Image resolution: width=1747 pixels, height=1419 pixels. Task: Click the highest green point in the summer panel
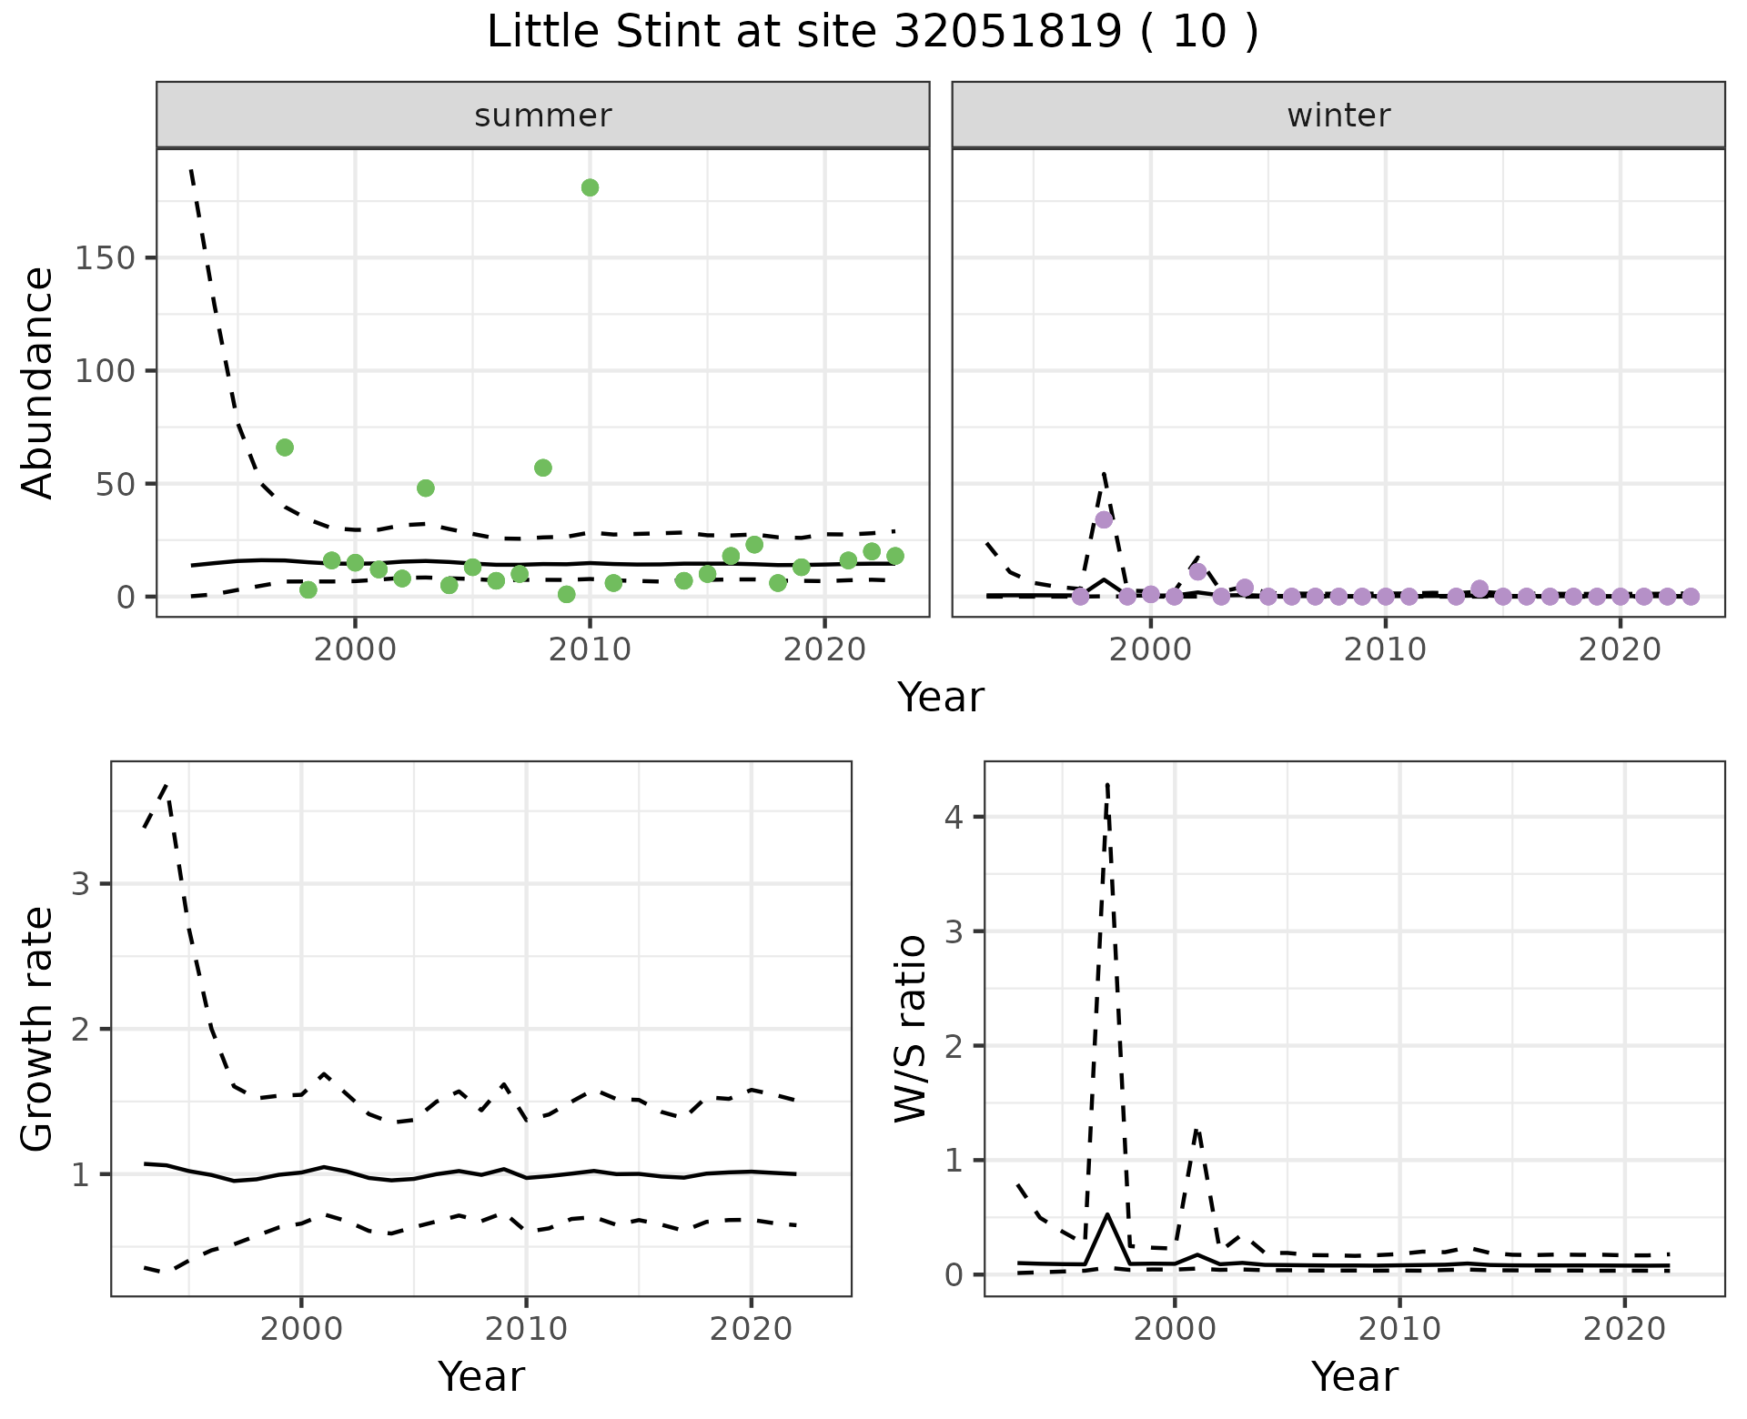coord(590,187)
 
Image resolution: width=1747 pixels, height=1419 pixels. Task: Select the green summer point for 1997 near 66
coord(285,448)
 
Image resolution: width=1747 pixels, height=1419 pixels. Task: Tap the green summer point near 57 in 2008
coord(543,468)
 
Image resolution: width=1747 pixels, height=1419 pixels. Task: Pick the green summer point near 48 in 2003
coord(426,488)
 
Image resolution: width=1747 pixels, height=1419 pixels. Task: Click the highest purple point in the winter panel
coord(1104,519)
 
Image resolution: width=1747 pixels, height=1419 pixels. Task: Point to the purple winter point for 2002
coord(1197,572)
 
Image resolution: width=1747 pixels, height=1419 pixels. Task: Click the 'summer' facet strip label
coord(543,116)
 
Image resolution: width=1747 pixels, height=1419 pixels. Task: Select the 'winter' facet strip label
coord(1338,116)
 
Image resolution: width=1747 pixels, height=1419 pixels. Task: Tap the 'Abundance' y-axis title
coord(38,383)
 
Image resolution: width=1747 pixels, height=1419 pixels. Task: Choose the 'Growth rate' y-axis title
coord(38,1029)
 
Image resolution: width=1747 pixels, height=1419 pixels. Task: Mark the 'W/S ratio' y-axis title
coord(911,1029)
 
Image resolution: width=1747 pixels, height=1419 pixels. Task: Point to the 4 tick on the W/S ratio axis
coord(953,817)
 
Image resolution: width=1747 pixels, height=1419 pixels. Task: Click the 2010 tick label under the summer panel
coord(590,649)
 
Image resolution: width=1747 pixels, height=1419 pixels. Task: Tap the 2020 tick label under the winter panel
coord(1620,649)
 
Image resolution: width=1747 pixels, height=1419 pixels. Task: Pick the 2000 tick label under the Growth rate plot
coord(301,1329)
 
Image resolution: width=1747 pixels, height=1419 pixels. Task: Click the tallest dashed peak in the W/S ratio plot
coord(1107,784)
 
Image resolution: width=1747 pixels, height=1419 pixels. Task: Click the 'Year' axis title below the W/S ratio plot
coord(1354,1377)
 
